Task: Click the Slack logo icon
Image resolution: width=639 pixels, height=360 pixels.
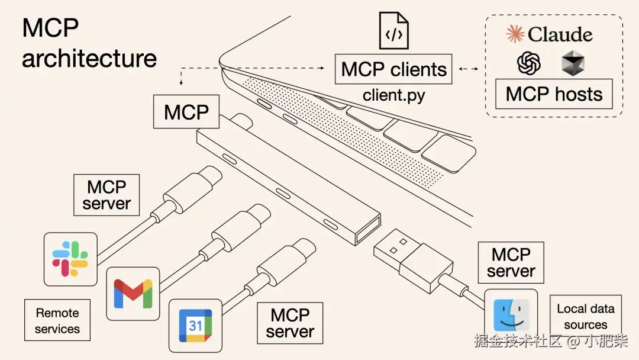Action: coord(70,259)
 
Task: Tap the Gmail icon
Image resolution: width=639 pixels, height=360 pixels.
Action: coord(133,292)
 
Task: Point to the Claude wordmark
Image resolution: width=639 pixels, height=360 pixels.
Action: coord(550,34)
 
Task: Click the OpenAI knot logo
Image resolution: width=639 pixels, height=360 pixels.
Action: coord(528,63)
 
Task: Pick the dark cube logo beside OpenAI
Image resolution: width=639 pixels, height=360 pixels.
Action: coord(573,63)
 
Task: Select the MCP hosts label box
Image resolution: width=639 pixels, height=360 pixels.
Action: coord(554,94)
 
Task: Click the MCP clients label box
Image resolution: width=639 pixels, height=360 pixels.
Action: coord(393,69)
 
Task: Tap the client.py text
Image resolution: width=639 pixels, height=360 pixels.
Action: coord(393,95)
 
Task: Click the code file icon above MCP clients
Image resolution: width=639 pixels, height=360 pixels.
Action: coord(393,31)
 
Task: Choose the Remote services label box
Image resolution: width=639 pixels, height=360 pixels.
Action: coord(57,320)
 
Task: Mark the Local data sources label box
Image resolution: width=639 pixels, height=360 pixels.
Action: coord(585,316)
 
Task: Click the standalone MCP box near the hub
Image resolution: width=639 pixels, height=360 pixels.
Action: coord(186,112)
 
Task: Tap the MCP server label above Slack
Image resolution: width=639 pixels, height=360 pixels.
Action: coord(106,195)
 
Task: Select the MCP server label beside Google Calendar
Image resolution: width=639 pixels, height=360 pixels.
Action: coord(290,323)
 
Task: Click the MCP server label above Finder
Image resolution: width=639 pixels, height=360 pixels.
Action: coord(511,263)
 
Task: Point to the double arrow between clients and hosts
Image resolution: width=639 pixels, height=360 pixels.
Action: coord(469,69)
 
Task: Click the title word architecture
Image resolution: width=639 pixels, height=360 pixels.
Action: coord(89,58)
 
